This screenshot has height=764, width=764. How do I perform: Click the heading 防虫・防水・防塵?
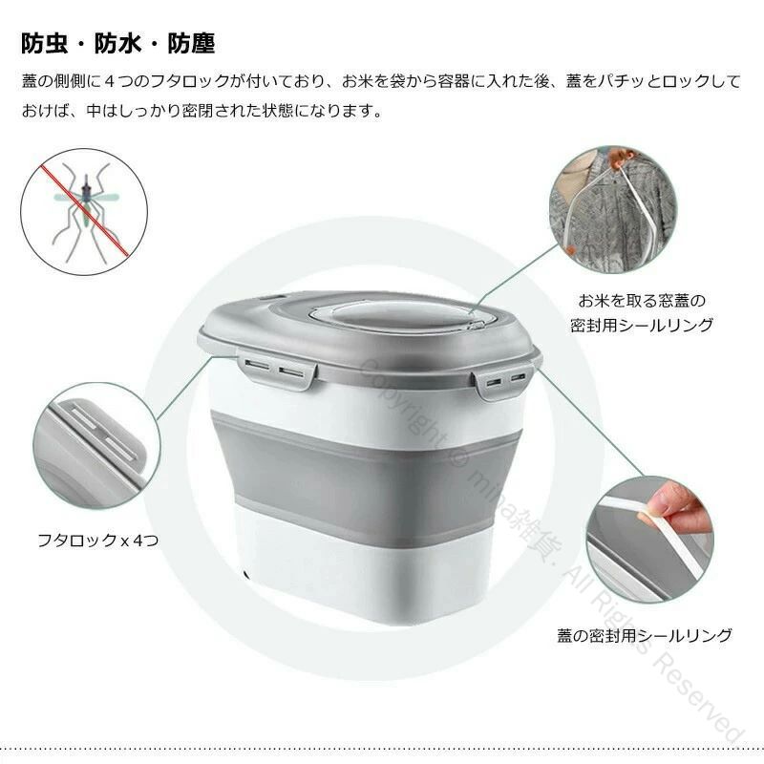(117, 43)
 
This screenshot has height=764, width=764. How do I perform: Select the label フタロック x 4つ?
(98, 540)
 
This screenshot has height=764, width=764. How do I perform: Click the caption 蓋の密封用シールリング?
(645, 635)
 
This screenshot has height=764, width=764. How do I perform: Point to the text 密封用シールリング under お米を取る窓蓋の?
(642, 325)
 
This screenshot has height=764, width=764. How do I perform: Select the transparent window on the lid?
(397, 317)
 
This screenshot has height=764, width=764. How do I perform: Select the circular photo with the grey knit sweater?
(613, 209)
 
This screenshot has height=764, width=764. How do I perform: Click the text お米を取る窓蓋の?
(642, 301)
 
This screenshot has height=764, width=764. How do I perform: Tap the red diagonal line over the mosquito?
(84, 210)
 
